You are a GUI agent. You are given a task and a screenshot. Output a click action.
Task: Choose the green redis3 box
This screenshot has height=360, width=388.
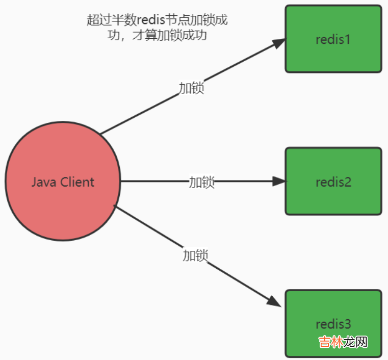pos(333,306)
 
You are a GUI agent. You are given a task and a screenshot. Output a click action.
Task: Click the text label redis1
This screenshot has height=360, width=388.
pos(333,39)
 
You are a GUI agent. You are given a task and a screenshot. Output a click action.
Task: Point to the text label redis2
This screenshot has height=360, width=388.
pos(333,182)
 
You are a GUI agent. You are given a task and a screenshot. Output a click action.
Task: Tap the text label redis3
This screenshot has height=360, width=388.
pos(333,324)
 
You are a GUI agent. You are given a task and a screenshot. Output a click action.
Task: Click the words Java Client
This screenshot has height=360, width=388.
pos(63,182)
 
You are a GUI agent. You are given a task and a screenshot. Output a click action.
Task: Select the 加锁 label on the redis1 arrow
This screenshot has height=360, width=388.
pos(191,88)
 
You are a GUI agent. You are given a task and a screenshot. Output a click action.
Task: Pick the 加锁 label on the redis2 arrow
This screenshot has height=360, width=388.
pos(201,182)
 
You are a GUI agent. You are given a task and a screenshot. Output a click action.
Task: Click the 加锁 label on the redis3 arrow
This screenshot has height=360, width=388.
pos(195,255)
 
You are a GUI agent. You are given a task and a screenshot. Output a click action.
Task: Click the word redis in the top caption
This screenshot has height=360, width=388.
pos(152,20)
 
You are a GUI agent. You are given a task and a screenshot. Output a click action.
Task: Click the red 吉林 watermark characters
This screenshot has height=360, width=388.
pos(330,342)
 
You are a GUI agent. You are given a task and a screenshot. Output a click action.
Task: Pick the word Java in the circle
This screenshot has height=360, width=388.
pos(43,182)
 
